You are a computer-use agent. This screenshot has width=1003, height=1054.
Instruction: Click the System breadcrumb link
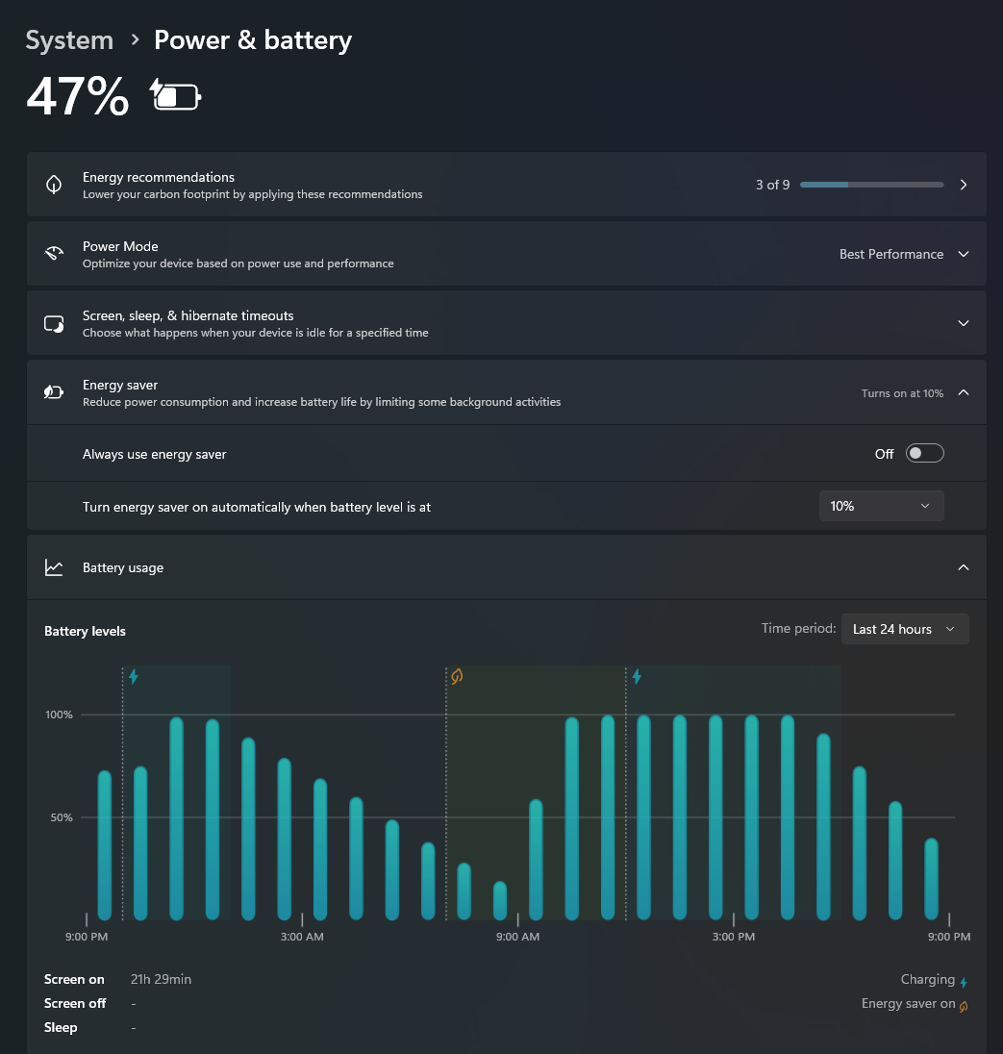pyautogui.click(x=69, y=40)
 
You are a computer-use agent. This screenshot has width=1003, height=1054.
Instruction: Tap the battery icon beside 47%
pyautogui.click(x=175, y=95)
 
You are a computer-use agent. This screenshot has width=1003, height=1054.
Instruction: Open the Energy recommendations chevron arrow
pyautogui.click(x=964, y=185)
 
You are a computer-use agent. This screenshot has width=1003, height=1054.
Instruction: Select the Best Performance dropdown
pyautogui.click(x=904, y=254)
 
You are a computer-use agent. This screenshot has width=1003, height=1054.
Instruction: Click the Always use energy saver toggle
pyautogui.click(x=925, y=454)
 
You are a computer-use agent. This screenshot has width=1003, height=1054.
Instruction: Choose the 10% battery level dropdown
pyautogui.click(x=881, y=506)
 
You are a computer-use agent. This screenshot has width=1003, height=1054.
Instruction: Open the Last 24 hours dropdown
pyautogui.click(x=905, y=629)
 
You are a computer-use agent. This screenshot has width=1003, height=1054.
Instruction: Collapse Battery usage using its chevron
pyautogui.click(x=964, y=568)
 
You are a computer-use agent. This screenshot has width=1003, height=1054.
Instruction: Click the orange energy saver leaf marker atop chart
pyautogui.click(x=457, y=676)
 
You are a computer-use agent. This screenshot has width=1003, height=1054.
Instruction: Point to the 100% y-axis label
pyautogui.click(x=60, y=715)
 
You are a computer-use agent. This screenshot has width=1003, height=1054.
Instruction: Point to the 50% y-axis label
pyautogui.click(x=62, y=817)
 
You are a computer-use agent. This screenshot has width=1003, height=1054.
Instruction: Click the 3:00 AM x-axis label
pyautogui.click(x=302, y=937)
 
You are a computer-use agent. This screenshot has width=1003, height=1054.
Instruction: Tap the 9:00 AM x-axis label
pyautogui.click(x=517, y=937)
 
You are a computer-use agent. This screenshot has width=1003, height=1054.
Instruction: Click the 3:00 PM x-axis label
pyautogui.click(x=734, y=937)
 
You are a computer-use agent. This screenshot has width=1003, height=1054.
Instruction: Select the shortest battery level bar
pyautogui.click(x=500, y=901)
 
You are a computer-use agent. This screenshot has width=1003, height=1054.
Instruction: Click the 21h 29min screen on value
pyautogui.click(x=161, y=979)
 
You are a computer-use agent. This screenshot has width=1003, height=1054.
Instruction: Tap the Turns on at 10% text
pyautogui.click(x=902, y=393)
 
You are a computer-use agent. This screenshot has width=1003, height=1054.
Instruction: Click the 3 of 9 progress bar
pyautogui.click(x=872, y=185)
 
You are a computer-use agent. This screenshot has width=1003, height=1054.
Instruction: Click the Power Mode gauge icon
pyautogui.click(x=54, y=254)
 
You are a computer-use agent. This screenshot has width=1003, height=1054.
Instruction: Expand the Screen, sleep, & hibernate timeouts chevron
pyautogui.click(x=964, y=323)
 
